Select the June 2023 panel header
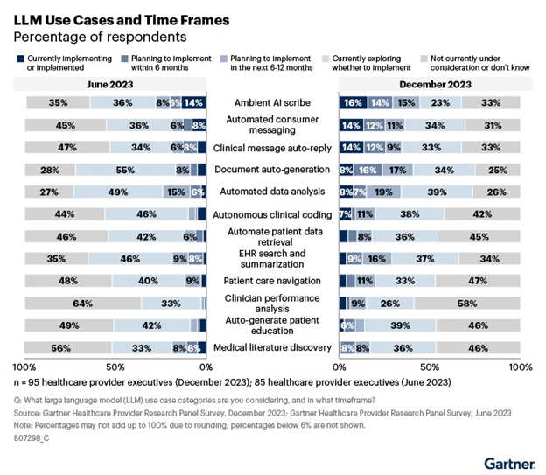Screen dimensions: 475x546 110,84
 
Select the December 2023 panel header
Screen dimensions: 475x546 429,84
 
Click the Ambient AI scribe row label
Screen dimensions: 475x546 272,101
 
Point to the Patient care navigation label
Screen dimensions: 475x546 272,281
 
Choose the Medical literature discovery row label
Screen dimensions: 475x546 272,347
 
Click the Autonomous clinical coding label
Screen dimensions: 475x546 272,213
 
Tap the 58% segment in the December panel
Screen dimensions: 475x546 467,303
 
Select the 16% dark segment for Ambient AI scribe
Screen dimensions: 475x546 352,102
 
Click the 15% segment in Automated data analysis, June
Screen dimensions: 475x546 175,192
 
